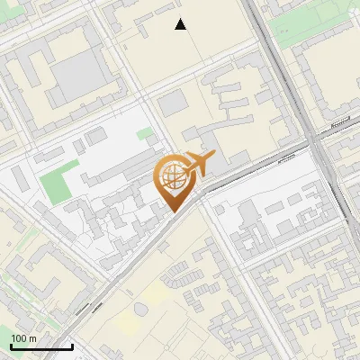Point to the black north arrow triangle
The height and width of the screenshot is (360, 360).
pos(181,24)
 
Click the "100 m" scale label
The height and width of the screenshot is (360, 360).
pos(24,337)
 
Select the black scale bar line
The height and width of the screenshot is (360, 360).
pos(41,346)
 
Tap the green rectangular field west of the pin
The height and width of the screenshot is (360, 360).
pos(54,184)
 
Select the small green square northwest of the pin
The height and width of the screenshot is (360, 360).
pos(144,134)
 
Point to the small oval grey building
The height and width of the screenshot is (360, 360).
pos(141,309)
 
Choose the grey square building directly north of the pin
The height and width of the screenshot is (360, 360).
pos(172,104)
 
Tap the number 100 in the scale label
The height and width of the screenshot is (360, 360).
pos(19,337)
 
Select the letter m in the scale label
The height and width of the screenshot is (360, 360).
pos(32,337)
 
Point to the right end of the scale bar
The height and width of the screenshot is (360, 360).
pos(72,346)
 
